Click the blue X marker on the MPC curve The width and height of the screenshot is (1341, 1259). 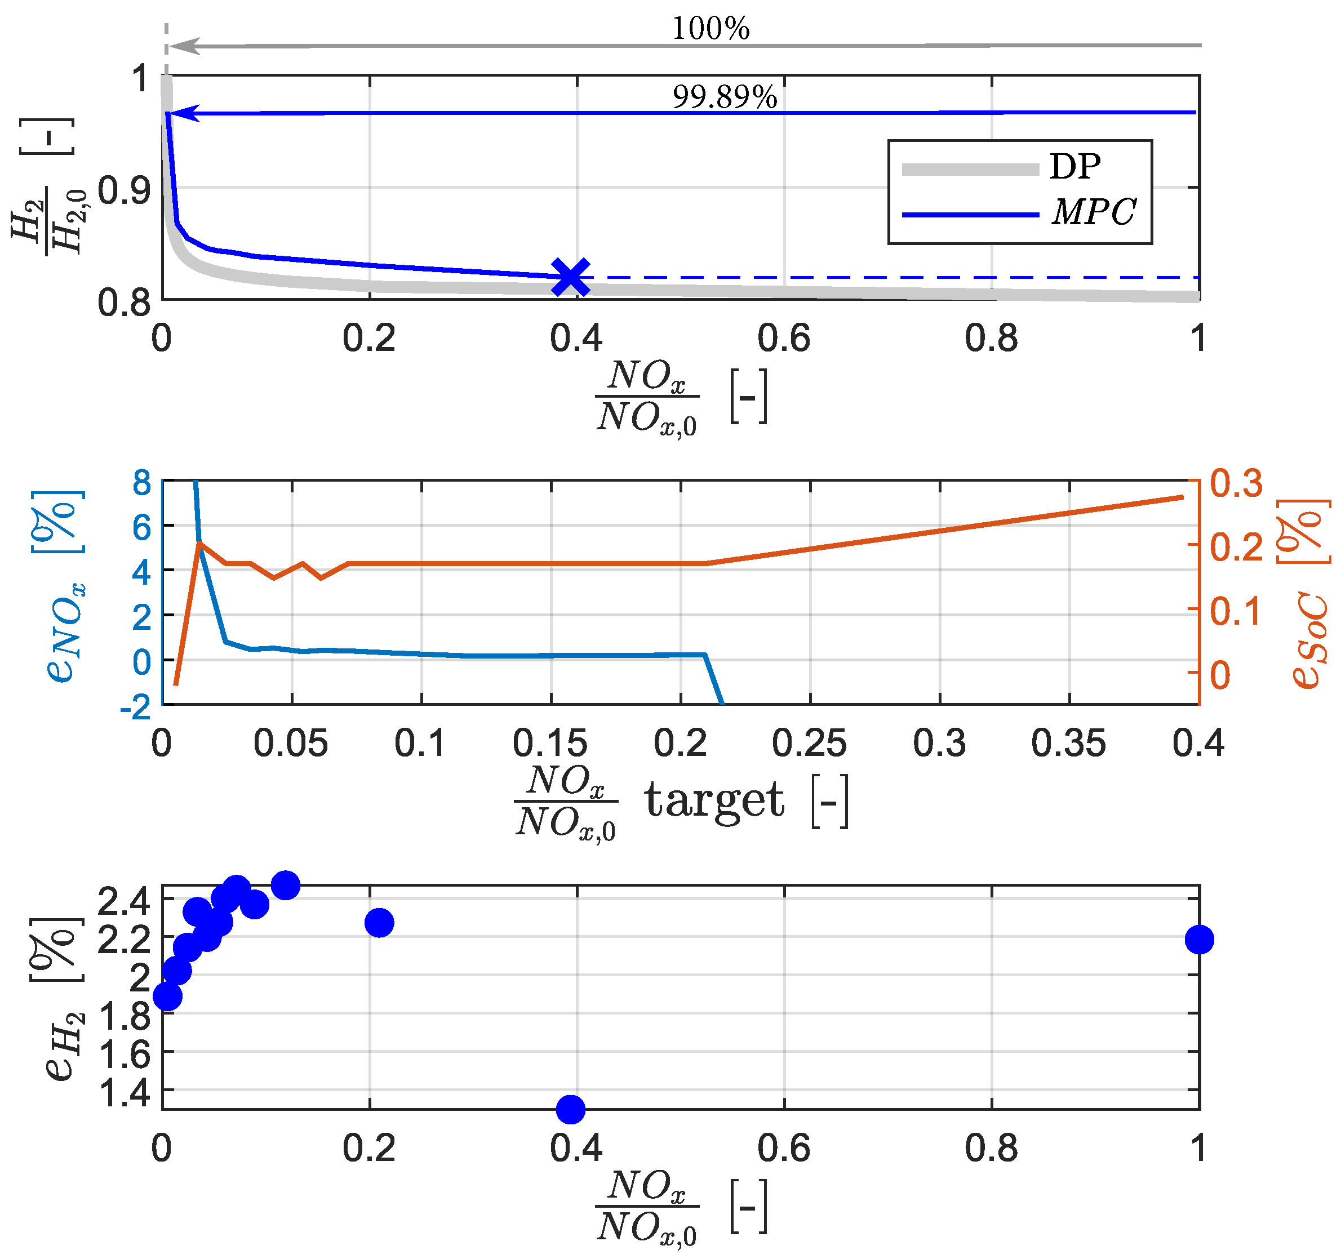coord(570,277)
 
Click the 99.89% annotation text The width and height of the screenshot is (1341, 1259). coord(725,97)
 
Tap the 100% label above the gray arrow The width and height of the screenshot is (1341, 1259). coord(711,28)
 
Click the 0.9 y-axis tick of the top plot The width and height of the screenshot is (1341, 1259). coord(124,190)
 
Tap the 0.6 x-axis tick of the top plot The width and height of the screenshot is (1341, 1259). coord(783,339)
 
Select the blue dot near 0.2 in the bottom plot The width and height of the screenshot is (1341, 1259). coord(379,923)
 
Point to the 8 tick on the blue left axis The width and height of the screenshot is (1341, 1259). coord(141,483)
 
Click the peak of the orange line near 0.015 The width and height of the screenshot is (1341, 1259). coord(199,543)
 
